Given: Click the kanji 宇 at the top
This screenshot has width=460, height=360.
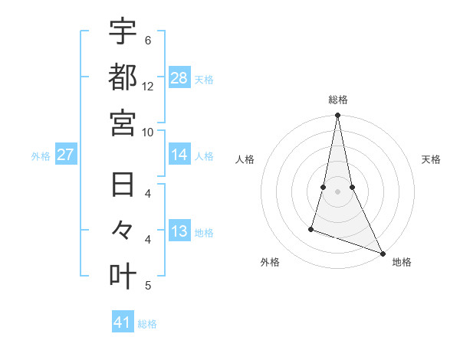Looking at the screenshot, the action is [x=123, y=31].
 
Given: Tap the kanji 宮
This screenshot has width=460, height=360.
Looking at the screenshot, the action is [x=123, y=122].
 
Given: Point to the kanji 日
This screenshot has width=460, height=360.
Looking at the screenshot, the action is [x=123, y=185].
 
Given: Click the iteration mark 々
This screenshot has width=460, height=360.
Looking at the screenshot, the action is [x=123, y=231].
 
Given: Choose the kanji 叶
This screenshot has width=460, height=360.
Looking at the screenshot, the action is [x=123, y=277].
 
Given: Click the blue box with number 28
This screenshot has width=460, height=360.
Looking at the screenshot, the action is [x=179, y=78].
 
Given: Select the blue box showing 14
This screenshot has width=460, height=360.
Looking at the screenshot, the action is [x=179, y=155].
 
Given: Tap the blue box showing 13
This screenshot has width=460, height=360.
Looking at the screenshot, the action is [x=179, y=232].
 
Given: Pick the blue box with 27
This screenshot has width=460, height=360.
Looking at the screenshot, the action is [x=66, y=155].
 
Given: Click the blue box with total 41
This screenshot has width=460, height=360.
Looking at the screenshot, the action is [x=123, y=322].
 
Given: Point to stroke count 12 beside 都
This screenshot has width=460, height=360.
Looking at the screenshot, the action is [x=148, y=86].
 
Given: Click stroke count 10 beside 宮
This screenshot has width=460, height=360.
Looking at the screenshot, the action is [x=148, y=132].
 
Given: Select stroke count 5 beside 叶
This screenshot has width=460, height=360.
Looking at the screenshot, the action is [x=148, y=286].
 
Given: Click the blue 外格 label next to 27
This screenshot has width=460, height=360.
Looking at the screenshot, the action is [x=41, y=156].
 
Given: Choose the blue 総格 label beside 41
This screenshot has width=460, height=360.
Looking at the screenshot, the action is [x=147, y=323].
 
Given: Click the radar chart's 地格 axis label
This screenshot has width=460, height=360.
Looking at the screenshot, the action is [x=402, y=262].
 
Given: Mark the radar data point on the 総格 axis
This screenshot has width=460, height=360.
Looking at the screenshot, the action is [x=337, y=116].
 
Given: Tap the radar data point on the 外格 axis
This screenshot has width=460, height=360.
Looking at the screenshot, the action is [x=311, y=228].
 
